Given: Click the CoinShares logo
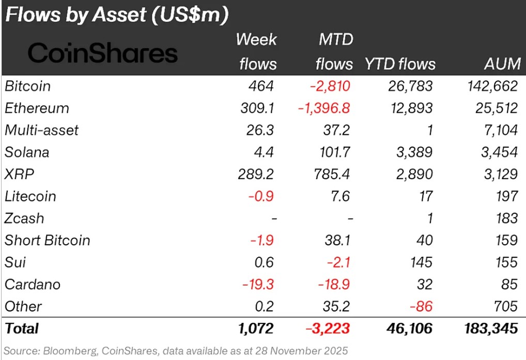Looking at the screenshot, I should tap(102, 53).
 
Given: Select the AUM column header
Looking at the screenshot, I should tap(502, 64).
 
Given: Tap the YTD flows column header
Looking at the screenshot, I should tap(400, 64).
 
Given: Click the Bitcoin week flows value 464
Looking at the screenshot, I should tap(264, 86).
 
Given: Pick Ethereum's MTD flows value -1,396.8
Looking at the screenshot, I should tap(324, 108).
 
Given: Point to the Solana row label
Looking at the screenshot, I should tap(27, 152).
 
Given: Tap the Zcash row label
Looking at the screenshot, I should tap(24, 218).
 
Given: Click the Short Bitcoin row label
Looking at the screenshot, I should tap(48, 240).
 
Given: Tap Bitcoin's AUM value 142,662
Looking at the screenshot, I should tap(489, 86).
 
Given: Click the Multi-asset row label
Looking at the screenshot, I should tap(42, 130).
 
